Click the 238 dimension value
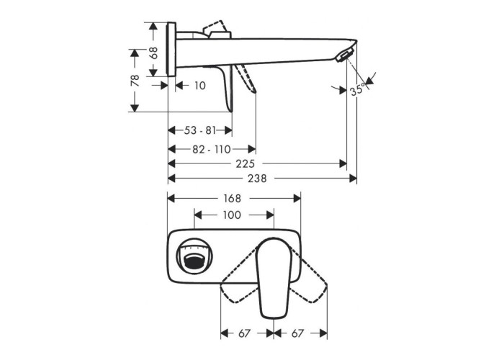[257, 179]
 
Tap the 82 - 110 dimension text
[212, 150]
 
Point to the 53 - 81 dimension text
[200, 130]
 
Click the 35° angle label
[357, 89]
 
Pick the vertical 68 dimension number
[154, 53]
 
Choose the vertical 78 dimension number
[135, 81]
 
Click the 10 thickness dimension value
[200, 86]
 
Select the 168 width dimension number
[232, 199]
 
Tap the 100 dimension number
[232, 215]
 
